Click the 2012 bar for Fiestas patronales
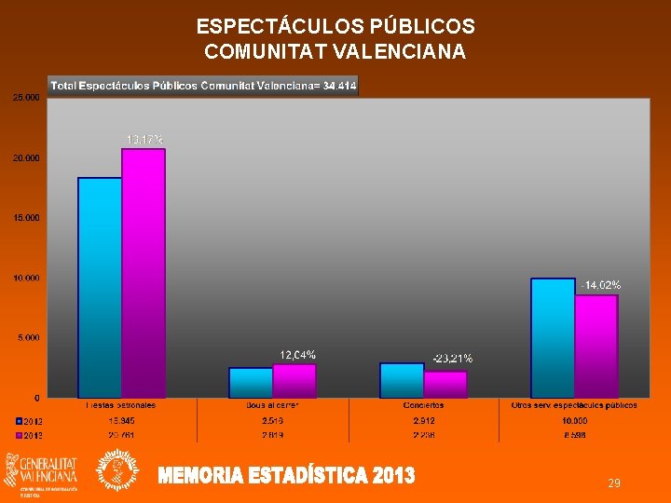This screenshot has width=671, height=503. [100, 287]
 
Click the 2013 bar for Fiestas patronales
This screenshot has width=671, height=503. [144, 273]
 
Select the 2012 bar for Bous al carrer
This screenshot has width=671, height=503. [251, 382]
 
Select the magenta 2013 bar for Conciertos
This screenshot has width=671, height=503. [445, 384]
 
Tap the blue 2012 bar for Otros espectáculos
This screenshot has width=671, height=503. [553, 337]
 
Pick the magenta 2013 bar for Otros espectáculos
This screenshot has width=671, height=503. [596, 346]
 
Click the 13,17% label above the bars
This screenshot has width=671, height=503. [144, 140]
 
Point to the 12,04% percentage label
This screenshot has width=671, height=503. [297, 355]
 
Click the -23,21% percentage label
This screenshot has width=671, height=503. [452, 358]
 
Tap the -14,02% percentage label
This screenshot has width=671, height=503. [600, 285]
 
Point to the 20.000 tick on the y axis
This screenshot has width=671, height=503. [26, 158]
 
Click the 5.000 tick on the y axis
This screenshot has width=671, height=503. [29, 337]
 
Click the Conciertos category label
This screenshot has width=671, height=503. [424, 405]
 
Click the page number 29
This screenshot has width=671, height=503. [614, 483]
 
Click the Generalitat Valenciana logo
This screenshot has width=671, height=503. [42, 470]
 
